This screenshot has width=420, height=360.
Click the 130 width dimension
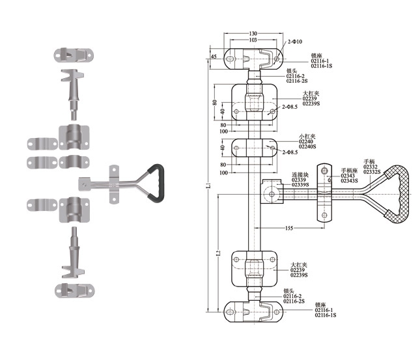coord(253,33)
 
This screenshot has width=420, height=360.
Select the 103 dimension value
coord(253,40)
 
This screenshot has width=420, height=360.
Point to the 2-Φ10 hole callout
coord(293,42)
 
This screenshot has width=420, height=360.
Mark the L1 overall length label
coord(207,187)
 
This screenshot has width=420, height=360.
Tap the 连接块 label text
coord(300,175)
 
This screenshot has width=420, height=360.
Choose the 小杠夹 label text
coord(306,137)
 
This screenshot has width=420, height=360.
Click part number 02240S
coord(307,147)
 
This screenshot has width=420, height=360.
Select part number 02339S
coord(301,186)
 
